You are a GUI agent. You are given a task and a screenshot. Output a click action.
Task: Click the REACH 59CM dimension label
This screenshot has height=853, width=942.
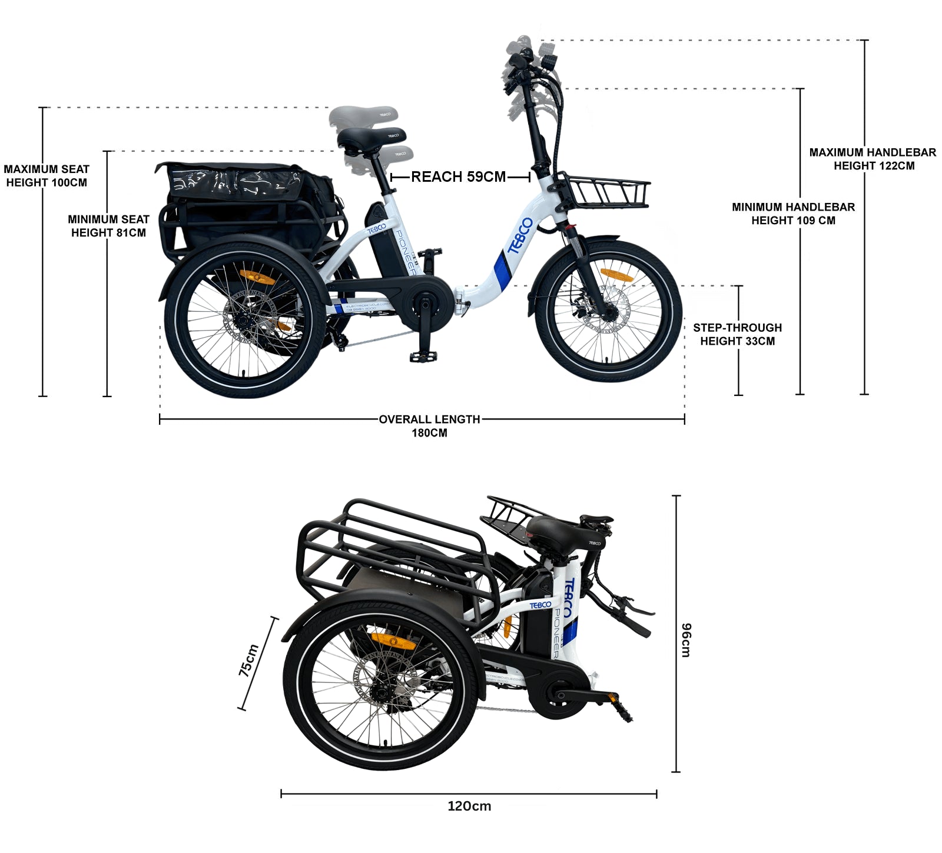458,176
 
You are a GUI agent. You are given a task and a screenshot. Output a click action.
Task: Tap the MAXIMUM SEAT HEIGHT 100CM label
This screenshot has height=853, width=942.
47,176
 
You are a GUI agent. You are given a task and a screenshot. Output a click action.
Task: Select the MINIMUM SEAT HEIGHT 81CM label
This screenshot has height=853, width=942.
108,226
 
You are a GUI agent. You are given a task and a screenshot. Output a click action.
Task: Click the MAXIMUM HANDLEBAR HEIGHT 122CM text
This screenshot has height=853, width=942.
873,159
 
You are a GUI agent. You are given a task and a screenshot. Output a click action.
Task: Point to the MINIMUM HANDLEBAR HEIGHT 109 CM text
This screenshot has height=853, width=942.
793,214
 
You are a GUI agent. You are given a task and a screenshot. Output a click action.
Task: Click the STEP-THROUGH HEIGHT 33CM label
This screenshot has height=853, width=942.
737,334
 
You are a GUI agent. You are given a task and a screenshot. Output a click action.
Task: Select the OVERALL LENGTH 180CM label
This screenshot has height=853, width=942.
429,426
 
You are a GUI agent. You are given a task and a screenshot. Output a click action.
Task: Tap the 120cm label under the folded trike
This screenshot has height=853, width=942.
469,806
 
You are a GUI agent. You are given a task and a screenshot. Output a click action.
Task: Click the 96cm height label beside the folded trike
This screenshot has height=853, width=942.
686,639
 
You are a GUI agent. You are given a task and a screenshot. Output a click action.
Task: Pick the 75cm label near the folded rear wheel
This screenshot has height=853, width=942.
249,660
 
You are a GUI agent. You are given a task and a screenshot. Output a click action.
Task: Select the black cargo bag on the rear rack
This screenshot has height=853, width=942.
247,203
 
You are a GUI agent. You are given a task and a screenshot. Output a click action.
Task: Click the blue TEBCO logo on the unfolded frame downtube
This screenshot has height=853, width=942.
520,235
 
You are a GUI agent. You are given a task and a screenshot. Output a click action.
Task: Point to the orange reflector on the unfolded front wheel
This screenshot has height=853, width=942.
616,275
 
